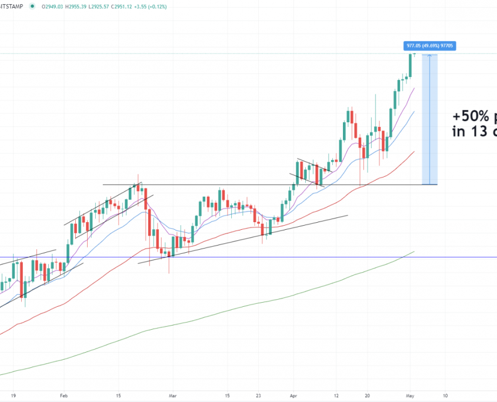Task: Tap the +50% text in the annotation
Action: pos(471,116)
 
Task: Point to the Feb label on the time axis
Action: pos(64,396)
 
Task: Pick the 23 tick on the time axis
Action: pos(259,396)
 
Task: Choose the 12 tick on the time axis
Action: pos(336,396)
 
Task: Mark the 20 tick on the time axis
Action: pos(367,396)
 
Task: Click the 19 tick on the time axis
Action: pos(13,396)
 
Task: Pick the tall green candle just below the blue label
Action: pos(411,65)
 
